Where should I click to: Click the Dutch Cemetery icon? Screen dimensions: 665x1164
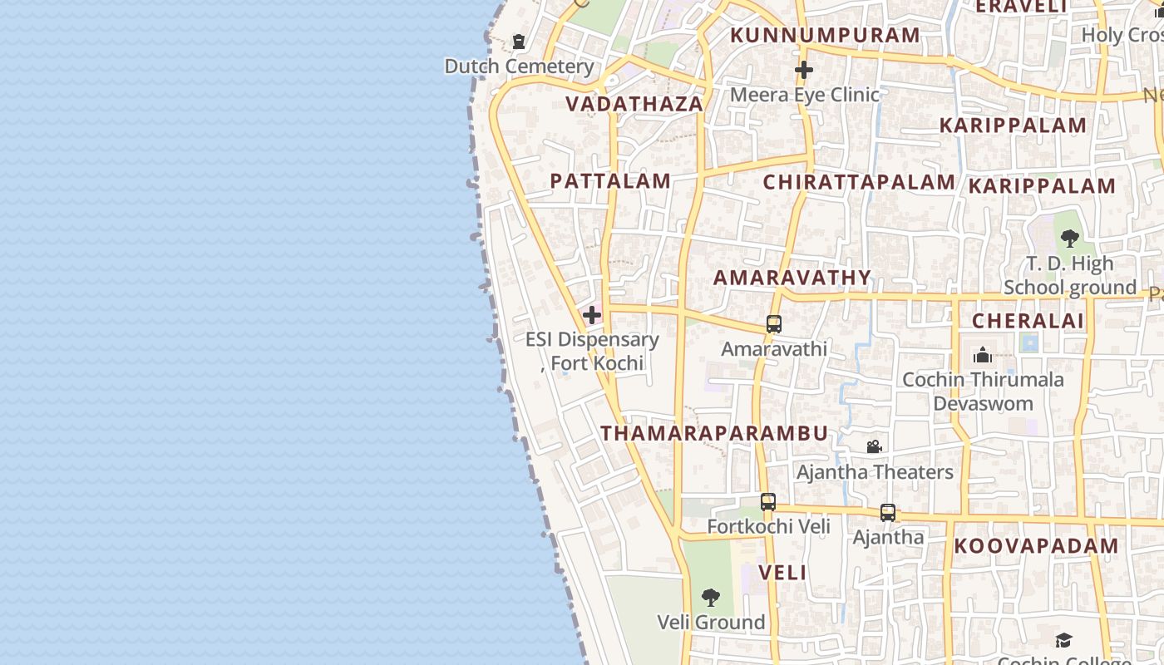tap(519, 41)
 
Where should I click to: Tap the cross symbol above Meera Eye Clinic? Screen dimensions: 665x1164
tap(803, 70)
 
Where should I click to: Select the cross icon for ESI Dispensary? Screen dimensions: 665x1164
tap(592, 315)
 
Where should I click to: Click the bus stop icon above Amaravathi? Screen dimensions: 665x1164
tap(774, 324)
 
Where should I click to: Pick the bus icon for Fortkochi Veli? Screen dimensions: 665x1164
tap(768, 502)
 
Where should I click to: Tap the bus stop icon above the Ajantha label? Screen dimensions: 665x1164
tap(888, 513)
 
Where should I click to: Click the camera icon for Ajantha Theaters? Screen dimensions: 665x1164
tap(874, 447)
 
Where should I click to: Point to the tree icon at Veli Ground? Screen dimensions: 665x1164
tap(711, 597)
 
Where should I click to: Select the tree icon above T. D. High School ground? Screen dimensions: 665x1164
tap(1070, 239)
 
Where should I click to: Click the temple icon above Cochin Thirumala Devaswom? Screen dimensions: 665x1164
tap(983, 355)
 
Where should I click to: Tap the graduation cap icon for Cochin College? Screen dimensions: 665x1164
tap(1063, 640)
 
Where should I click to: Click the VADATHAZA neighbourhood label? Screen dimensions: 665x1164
tap(634, 104)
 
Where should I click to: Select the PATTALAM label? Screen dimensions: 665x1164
tap(610, 181)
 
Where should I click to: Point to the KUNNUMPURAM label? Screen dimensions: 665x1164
tap(825, 35)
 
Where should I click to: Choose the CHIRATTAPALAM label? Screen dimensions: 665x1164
tap(859, 182)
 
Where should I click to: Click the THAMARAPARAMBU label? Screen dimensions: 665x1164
tap(714, 433)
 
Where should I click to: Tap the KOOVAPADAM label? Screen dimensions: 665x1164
tap(1036, 546)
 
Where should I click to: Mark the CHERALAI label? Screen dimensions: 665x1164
tap(1028, 321)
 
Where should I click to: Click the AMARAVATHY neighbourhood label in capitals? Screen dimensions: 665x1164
tap(792, 278)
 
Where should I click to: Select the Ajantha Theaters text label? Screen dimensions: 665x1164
tap(875, 472)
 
